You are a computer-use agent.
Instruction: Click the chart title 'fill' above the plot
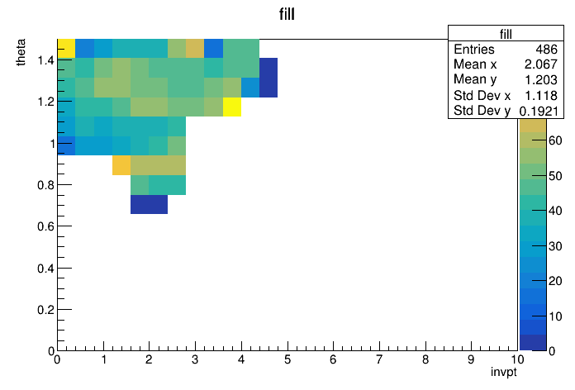click(287, 14)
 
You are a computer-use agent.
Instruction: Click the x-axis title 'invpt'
click(503, 373)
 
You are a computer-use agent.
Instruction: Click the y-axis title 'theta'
click(21, 52)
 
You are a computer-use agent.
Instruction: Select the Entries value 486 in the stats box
click(546, 50)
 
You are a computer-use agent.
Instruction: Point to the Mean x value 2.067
click(541, 64)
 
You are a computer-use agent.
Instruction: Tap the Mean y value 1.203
click(541, 79)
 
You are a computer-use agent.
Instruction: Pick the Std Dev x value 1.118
click(541, 95)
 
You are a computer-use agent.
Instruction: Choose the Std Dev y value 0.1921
click(539, 111)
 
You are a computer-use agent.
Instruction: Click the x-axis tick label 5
click(287, 359)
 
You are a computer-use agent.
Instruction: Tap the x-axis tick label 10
click(516, 359)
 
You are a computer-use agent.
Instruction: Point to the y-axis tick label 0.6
click(45, 226)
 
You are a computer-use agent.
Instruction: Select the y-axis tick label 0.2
click(45, 310)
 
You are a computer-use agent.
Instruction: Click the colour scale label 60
click(555, 140)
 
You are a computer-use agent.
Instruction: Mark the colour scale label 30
click(555, 246)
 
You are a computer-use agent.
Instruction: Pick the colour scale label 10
click(555, 316)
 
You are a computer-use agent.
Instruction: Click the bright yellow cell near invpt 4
click(232, 107)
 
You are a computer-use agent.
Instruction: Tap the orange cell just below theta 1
click(121, 165)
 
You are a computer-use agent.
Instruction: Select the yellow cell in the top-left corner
click(66, 49)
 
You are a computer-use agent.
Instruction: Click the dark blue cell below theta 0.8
click(149, 204)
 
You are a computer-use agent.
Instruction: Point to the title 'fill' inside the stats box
click(506, 35)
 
